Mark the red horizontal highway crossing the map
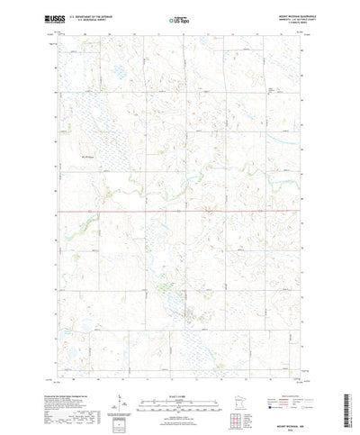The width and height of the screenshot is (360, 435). tap(180, 213)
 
